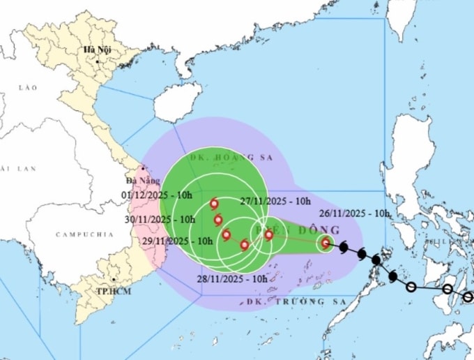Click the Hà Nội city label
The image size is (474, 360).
click(x=98, y=50)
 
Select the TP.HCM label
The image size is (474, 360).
click(x=95, y=289)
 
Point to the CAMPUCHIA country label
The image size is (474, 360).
click(x=84, y=235)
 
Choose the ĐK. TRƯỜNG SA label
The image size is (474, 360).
click(x=286, y=301)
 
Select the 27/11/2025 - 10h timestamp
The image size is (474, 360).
click(x=275, y=201)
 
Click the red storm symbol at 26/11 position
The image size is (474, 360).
click(x=326, y=243)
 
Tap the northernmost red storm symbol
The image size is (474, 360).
click(x=214, y=204)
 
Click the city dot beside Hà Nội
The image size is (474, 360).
click(x=98, y=61)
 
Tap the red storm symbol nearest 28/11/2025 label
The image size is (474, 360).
click(x=244, y=245)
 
